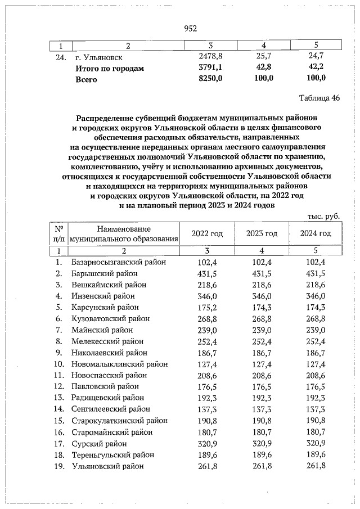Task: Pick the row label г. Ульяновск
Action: tap(99, 57)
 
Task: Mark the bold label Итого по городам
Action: tap(110, 68)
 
